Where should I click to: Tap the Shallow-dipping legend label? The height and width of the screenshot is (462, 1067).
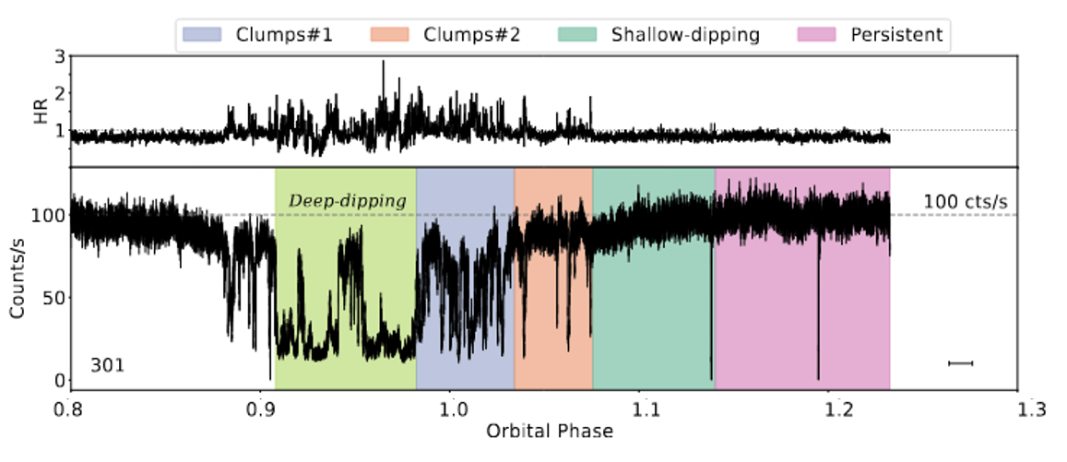coord(685,35)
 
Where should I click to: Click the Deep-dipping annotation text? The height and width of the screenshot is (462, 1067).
coord(348,199)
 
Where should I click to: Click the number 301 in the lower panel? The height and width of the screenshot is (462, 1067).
coord(107,365)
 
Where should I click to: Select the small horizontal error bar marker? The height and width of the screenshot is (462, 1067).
coord(961,363)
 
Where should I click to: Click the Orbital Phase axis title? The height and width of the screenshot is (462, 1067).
coord(544,431)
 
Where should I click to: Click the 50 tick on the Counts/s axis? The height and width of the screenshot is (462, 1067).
coord(51,298)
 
